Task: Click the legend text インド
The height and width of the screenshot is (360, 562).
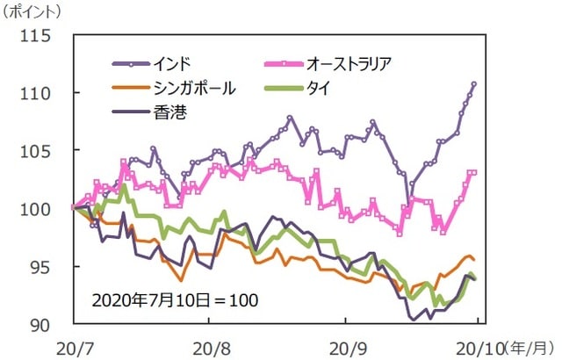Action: coord(171,64)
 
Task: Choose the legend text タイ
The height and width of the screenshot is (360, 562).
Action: coord(319,88)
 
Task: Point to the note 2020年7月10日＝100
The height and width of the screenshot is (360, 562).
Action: coord(174,299)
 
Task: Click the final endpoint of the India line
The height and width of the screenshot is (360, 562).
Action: coord(474,83)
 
